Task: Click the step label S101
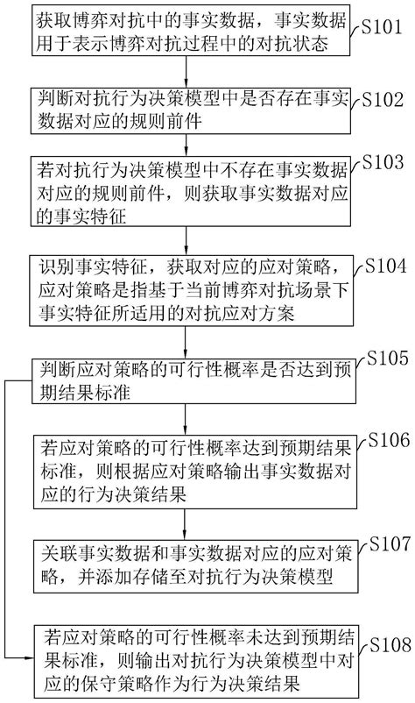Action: pyautogui.click(x=382, y=27)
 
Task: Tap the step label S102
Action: pyautogui.click(x=383, y=99)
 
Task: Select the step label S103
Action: pyautogui.click(x=383, y=162)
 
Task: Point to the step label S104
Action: pyautogui.click(x=385, y=266)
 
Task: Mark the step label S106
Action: pyautogui.click(x=389, y=440)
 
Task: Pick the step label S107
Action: pyautogui.click(x=390, y=543)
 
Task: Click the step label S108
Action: pyautogui.click(x=390, y=645)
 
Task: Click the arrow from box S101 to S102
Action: pyautogui.click(x=185, y=72)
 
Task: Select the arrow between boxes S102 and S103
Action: pyautogui.click(x=185, y=145)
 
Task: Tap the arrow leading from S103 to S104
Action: pyautogui.click(x=185, y=241)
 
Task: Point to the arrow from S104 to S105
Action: pyautogui.click(x=185, y=342)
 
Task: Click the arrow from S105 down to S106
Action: pyautogui.click(x=185, y=418)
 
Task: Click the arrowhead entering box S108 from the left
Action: pyautogui.click(x=30, y=657)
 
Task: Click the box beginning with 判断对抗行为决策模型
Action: pyautogui.click(x=190, y=110)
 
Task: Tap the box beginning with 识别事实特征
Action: pyautogui.click(x=191, y=290)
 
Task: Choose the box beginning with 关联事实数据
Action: pyautogui.click(x=195, y=565)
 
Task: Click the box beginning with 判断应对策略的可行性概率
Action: pyautogui.click(x=193, y=381)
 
